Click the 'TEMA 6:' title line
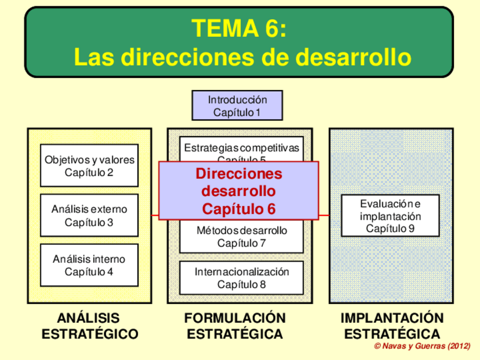tap(238, 28)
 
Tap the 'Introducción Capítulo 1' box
tap(237, 106)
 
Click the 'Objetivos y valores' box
tap(89, 165)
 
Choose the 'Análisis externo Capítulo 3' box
tap(89, 215)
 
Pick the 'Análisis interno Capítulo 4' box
tap(89, 265)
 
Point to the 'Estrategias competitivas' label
tap(241, 148)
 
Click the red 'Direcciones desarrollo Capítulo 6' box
tap(238, 191)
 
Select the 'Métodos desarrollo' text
tap(242, 231)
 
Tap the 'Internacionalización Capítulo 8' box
tap(242, 278)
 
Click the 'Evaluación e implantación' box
tap(391, 216)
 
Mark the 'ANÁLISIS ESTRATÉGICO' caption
tap(89, 325)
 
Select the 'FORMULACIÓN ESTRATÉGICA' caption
tap(235, 325)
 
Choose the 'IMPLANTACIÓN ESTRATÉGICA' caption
tap(392, 325)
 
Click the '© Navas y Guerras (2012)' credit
tap(422, 346)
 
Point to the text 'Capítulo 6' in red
tap(238, 209)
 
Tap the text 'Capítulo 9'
tap(391, 229)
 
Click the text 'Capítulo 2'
tap(89, 172)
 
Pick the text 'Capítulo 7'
tap(242, 243)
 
